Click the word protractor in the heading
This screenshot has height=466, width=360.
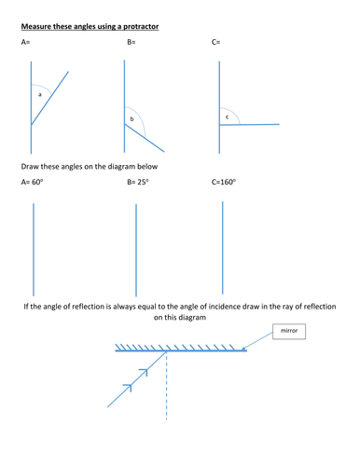coord(141,27)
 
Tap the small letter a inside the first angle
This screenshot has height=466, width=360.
coord(39,94)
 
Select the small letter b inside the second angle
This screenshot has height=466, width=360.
coord(132,118)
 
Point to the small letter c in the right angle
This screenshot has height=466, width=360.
coord(227,117)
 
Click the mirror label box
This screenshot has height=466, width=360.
coord(289,332)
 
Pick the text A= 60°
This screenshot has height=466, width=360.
coord(32,182)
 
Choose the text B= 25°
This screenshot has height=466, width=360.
coord(138,182)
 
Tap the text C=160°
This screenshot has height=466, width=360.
coord(224,182)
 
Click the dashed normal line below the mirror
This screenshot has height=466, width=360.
coord(167,385)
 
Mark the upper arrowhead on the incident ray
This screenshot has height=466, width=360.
coord(144,372)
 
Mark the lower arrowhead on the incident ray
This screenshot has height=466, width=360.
coord(128,388)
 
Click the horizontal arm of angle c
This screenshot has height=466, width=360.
coord(249,125)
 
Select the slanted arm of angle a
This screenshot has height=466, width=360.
coord(49,98)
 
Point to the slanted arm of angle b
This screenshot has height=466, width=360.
coord(145,138)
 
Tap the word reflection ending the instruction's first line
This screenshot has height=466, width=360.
coord(320,307)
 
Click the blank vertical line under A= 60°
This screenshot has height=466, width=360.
coord(34,250)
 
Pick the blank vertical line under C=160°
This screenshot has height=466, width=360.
coord(223,248)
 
